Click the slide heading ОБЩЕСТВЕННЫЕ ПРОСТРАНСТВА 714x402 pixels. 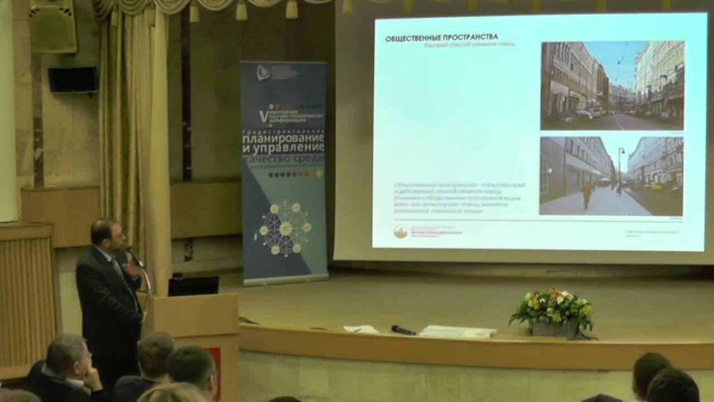(442, 38)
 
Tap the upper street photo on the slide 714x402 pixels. (612, 85)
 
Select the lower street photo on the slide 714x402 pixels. (611, 176)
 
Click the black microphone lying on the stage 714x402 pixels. (403, 330)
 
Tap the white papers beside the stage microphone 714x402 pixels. (457, 332)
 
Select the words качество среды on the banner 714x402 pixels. (283, 160)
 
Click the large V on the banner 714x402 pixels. (263, 116)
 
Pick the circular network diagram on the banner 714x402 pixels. (285, 229)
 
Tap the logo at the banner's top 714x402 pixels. (263, 73)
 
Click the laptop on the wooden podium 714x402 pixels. (193, 285)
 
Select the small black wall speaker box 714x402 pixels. (73, 79)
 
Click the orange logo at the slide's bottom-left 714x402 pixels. (400, 232)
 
